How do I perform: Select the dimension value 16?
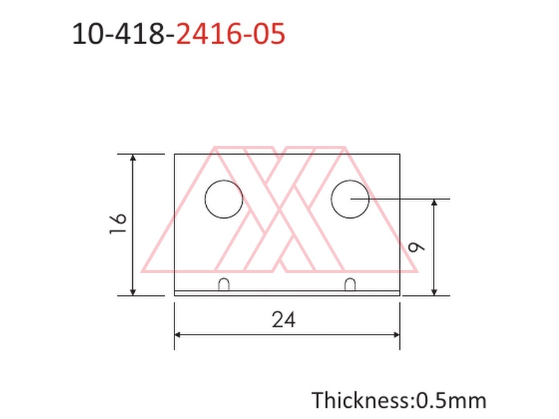click(x=118, y=223)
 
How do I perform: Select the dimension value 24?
click(x=284, y=319)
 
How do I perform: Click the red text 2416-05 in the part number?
click(x=230, y=34)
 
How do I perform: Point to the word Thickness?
click(x=361, y=400)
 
